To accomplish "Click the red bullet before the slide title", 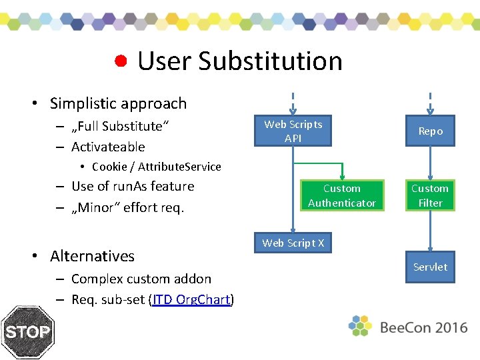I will tap(121, 61).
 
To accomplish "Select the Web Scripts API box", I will tap(293, 131).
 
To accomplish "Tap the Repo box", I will tap(430, 131).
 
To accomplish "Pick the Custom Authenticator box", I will tap(342, 196).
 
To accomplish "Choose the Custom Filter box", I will tap(430, 196).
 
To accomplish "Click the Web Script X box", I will tap(293, 243).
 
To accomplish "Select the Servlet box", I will tap(430, 267).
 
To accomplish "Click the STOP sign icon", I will tap(27, 332).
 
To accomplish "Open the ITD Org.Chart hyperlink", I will tap(191, 300).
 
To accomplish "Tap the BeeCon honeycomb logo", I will tap(360, 325).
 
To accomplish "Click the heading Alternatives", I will tap(92, 256).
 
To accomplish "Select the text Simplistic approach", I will tap(118, 103).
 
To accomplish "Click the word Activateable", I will tap(108, 147).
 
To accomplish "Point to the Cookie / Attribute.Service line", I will tap(156, 167).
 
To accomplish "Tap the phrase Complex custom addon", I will tap(141, 279).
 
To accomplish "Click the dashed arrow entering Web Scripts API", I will tap(293, 103).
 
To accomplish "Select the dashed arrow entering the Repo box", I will tap(430, 103).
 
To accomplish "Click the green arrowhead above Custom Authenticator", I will tap(342, 175).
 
